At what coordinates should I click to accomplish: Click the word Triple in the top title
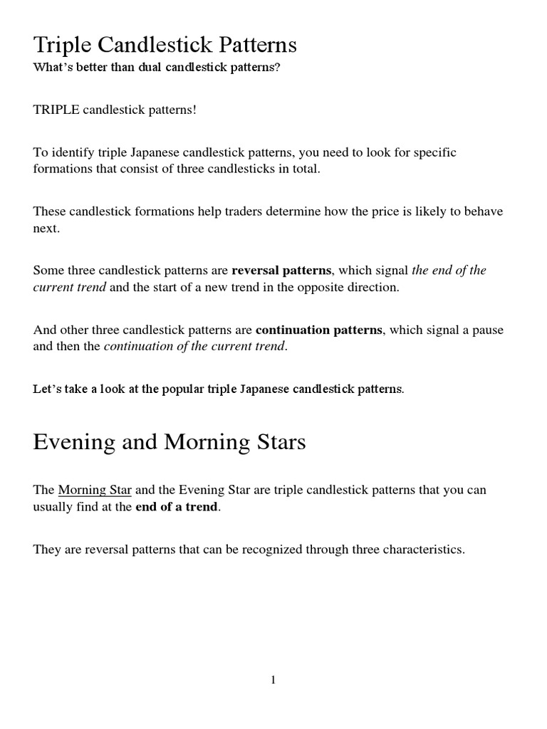pos(61,46)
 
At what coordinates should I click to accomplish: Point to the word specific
pos(434,152)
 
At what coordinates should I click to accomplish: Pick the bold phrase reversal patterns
pos(281,271)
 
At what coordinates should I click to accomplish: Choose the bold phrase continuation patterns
pos(319,330)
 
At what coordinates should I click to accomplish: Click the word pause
pos(487,330)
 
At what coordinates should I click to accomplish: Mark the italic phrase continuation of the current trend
pos(194,347)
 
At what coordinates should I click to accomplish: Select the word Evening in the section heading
pos(74,442)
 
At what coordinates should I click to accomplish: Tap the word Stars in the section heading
pos(278,442)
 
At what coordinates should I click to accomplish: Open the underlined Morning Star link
pos(95,490)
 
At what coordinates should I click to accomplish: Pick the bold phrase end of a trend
pos(176,507)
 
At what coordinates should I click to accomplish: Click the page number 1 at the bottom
pos(273,680)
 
